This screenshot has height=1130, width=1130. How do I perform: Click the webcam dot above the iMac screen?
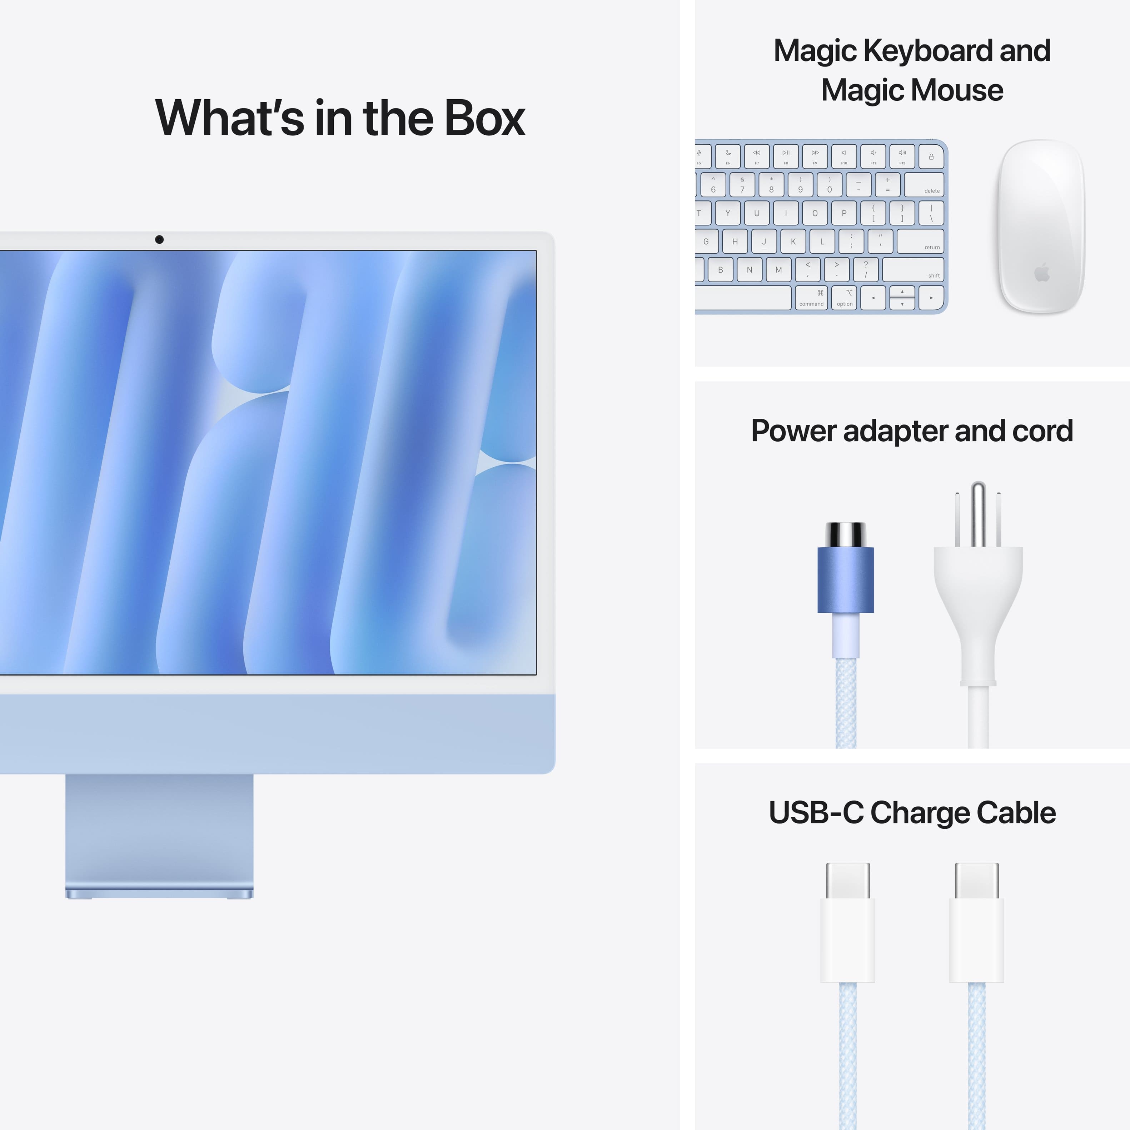point(159,239)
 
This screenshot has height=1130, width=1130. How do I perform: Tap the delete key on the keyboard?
point(924,185)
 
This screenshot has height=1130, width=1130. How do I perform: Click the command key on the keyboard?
point(812,298)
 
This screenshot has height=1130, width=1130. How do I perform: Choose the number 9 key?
point(800,185)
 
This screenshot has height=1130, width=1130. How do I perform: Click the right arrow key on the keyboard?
point(931,298)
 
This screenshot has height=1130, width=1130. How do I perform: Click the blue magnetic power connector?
point(846,579)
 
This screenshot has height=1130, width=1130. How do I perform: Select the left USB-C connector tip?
point(847,880)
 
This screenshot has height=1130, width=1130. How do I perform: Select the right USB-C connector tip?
point(976,880)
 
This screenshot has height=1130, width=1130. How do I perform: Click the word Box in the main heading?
point(484,118)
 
